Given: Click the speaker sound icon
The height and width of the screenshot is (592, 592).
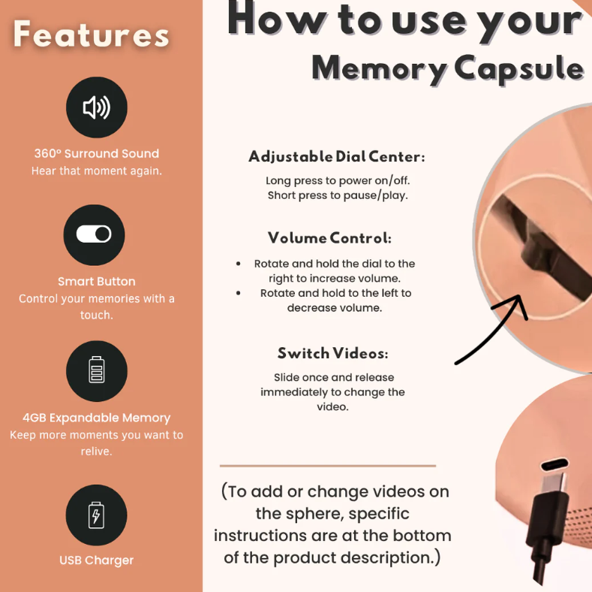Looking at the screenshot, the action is (97, 107).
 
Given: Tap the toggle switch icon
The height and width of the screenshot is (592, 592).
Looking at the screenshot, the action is (94, 234).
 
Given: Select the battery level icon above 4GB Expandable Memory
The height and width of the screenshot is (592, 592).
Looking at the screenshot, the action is (97, 370).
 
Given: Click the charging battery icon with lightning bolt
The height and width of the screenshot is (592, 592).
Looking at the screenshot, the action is (96, 515).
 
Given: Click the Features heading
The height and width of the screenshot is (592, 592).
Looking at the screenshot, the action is (91, 35).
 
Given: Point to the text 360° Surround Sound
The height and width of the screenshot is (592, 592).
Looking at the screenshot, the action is (97, 153).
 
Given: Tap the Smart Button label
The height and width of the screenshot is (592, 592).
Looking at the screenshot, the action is (97, 281).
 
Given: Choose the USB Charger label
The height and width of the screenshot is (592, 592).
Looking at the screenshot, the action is (96, 560).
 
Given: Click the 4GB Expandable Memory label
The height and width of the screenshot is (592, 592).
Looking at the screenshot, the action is (97, 418).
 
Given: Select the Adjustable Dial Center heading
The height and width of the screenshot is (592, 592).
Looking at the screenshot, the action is (337, 157).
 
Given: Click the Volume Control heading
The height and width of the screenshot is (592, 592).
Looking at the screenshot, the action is (329, 238).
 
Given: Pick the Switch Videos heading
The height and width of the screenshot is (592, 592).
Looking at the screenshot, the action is (332, 353).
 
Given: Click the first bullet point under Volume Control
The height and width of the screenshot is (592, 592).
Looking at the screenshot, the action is (239, 264).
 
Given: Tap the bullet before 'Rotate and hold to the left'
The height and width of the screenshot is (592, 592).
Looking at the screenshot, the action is (239, 293).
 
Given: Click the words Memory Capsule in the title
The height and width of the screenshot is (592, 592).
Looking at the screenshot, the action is (448, 68).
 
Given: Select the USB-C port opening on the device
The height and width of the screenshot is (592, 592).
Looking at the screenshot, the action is (554, 464).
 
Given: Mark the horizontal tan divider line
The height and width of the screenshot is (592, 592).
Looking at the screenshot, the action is (328, 466).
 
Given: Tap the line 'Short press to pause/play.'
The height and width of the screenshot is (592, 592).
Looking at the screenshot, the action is (338, 195).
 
